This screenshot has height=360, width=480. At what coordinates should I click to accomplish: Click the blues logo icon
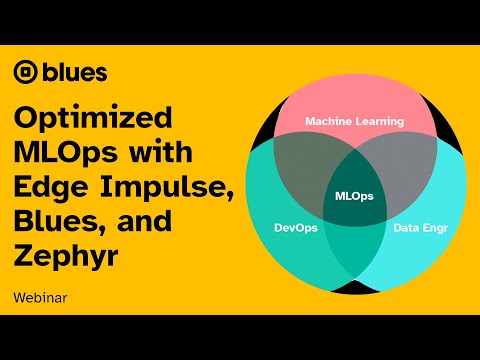26,72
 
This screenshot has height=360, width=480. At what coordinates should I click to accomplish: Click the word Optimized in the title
93,119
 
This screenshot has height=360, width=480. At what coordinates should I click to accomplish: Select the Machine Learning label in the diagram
354,121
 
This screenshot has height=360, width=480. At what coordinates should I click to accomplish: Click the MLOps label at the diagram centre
354,195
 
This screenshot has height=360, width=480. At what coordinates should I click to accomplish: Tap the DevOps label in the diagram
297,227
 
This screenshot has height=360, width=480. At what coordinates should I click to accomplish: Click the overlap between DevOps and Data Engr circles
354,250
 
